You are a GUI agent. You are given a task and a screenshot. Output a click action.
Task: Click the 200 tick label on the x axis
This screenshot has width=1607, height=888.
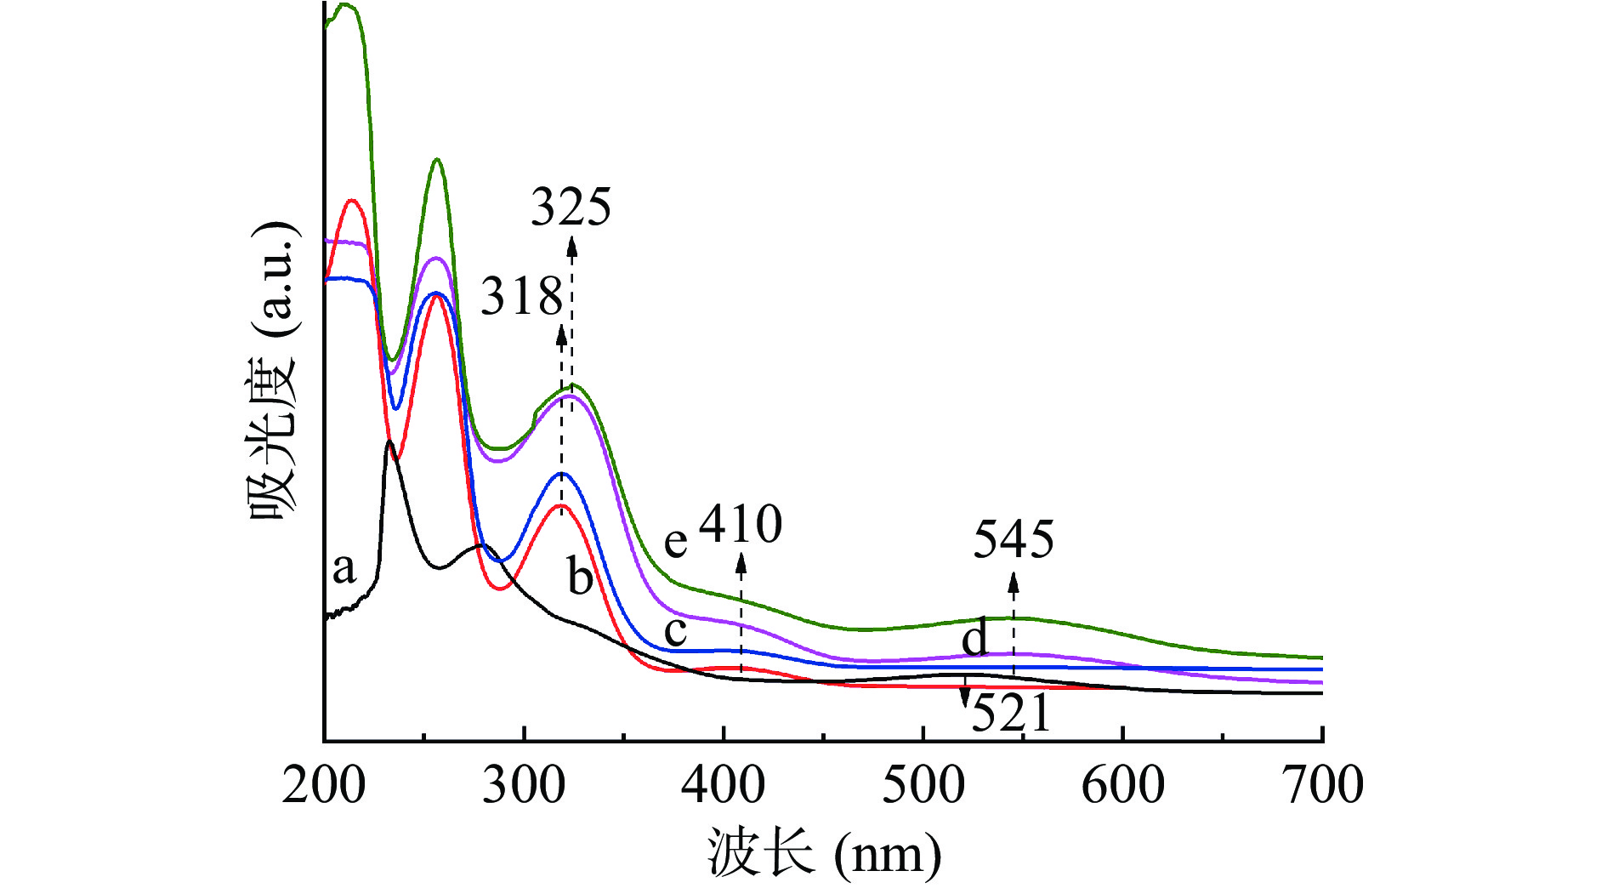tap(324, 784)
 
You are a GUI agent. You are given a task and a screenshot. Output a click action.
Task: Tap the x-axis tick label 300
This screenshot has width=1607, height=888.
tap(524, 784)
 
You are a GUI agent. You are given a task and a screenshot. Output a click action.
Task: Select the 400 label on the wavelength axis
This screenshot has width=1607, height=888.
tap(724, 784)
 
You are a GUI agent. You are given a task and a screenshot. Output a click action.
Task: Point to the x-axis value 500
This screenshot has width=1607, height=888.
tap(923, 784)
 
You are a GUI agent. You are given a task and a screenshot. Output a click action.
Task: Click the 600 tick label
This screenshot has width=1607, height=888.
tap(1123, 784)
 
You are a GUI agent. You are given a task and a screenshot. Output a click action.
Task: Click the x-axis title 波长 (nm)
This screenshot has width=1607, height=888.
tap(823, 852)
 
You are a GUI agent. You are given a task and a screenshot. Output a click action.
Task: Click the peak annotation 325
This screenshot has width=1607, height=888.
tap(571, 207)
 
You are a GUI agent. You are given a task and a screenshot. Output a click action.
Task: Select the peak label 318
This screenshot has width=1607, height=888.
tap(521, 297)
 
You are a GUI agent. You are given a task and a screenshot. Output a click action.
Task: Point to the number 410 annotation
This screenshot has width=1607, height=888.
tap(741, 524)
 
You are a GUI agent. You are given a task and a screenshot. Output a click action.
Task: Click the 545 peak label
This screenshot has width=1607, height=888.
tap(1014, 539)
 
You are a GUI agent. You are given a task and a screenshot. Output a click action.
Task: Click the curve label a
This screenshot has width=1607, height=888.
tap(344, 567)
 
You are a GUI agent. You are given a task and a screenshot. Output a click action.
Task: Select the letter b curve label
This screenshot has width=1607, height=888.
tap(580, 578)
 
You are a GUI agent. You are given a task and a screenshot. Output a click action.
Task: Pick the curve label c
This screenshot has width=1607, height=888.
tap(675, 632)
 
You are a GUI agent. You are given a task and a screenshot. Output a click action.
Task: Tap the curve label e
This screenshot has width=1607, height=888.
tap(675, 542)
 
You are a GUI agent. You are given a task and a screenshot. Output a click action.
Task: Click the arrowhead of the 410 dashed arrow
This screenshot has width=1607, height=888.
tap(741, 561)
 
